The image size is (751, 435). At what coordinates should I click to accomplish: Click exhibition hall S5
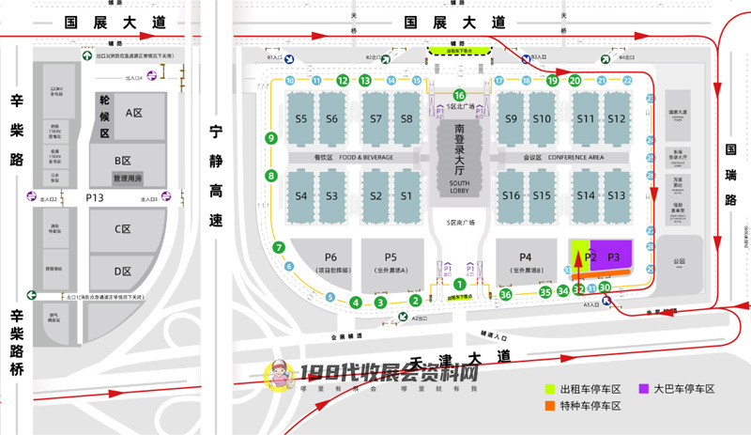(301, 118)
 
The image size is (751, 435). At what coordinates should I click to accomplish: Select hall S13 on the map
(616, 194)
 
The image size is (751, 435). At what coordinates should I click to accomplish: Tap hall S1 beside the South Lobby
(406, 195)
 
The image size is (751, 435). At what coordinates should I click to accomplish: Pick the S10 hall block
(542, 118)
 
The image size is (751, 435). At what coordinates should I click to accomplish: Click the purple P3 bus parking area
(615, 256)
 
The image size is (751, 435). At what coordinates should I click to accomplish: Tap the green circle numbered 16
(459, 95)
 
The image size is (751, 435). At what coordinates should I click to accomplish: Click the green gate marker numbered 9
(271, 138)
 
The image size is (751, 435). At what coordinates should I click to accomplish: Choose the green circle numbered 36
(505, 295)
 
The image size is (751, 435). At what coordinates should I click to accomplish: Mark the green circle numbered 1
(459, 284)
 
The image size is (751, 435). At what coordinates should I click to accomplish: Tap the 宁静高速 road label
(217, 177)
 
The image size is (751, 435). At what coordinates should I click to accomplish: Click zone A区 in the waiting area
(133, 112)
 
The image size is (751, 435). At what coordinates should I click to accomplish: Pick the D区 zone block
(122, 272)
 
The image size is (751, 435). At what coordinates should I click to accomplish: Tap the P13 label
(94, 198)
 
